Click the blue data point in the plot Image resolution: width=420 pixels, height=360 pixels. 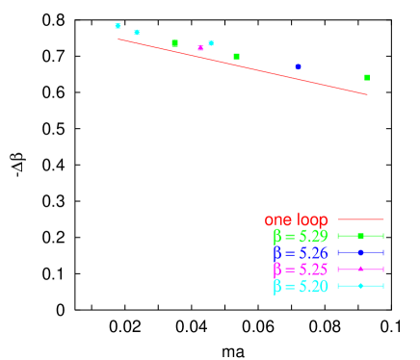298,66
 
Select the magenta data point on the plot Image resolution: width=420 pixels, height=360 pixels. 200,47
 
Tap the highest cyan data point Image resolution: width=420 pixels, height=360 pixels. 118,26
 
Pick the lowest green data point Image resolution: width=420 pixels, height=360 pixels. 366,77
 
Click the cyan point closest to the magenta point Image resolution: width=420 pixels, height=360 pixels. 211,43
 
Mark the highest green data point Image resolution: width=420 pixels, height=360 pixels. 174,43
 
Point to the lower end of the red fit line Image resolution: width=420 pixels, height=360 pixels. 367,94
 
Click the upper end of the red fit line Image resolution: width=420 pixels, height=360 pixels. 118,39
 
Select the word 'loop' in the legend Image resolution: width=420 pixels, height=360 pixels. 310,220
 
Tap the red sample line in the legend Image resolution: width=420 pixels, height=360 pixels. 360,219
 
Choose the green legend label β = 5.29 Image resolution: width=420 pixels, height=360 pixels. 300,236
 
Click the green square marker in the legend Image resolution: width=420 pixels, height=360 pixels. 360,236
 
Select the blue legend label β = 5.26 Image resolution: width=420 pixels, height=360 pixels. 300,252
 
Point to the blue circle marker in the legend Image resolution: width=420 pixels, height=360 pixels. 360,252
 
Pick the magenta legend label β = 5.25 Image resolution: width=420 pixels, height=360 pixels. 300,269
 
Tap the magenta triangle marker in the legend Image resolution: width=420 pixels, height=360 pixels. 360,269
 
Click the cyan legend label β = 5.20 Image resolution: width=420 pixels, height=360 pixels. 300,286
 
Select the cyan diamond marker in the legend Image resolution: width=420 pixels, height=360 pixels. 360,286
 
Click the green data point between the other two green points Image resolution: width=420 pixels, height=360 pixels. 236,57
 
